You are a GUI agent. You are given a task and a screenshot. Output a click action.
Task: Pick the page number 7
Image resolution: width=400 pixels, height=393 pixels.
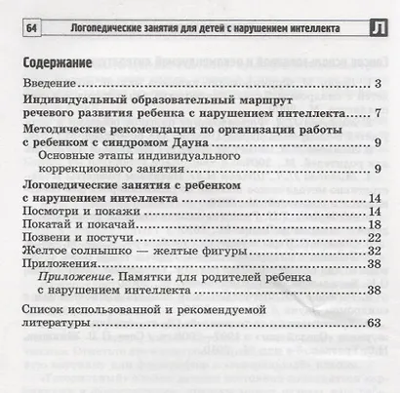tap(376, 114)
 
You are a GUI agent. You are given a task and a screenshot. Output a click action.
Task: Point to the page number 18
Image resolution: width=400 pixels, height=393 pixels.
tap(373, 225)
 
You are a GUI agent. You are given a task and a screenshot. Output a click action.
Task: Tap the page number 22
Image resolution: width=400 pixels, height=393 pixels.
tap(373, 239)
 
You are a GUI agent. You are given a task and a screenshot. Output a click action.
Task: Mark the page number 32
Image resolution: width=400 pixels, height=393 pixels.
tap(373, 253)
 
